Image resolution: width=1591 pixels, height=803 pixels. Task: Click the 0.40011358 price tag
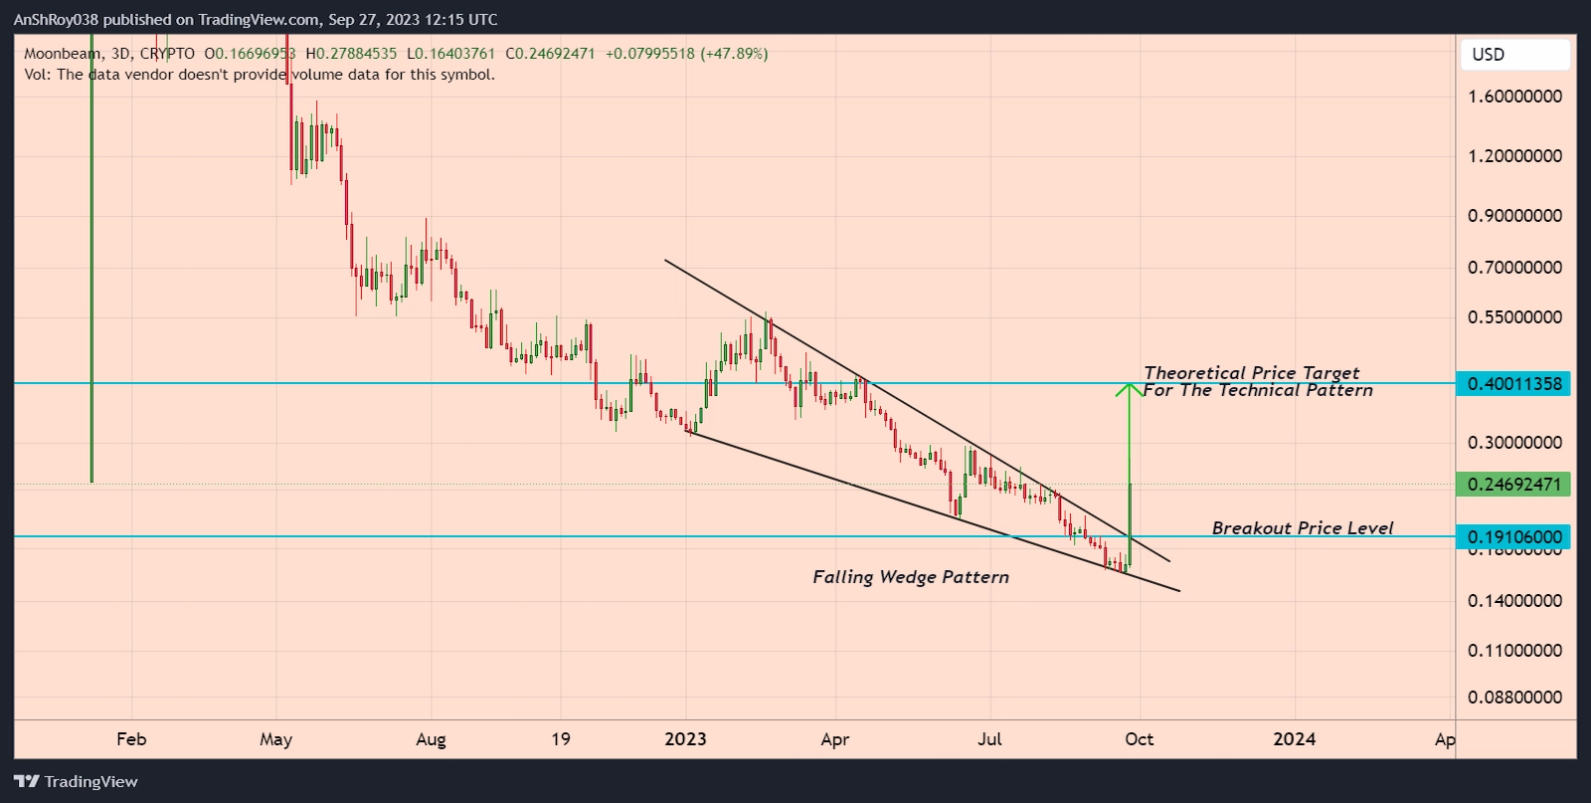pyautogui.click(x=1513, y=384)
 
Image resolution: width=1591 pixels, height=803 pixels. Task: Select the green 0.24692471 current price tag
pyautogui.click(x=1513, y=485)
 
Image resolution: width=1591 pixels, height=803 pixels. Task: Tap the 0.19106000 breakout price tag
pyautogui.click(x=1513, y=537)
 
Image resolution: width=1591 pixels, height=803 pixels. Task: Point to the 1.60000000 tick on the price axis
pyautogui.click(x=1514, y=97)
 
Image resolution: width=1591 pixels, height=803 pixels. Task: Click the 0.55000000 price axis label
pyautogui.click(x=1514, y=317)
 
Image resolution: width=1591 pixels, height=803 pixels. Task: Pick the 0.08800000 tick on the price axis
pyautogui.click(x=1514, y=698)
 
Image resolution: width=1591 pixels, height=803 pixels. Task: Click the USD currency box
pyautogui.click(x=1514, y=55)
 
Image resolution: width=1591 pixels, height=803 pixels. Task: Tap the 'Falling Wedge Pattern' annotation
pyautogui.click(x=911, y=577)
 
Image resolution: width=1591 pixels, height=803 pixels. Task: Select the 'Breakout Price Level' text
pyautogui.click(x=1303, y=528)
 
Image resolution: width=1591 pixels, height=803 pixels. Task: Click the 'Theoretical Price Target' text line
pyautogui.click(x=1251, y=372)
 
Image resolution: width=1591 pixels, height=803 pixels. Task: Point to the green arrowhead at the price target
pyautogui.click(x=1129, y=389)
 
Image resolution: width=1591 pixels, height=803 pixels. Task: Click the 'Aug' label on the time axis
pyautogui.click(x=431, y=739)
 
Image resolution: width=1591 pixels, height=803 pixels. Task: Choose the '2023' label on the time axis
pyautogui.click(x=685, y=739)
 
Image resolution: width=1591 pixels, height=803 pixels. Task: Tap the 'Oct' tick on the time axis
pyautogui.click(x=1140, y=739)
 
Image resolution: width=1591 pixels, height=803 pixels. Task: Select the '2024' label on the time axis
pyautogui.click(x=1295, y=739)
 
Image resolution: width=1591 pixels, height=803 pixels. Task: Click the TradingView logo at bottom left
pyautogui.click(x=76, y=782)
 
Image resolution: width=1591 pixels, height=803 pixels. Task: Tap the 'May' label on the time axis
pyautogui.click(x=275, y=739)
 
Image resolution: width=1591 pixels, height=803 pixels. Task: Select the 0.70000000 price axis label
pyautogui.click(x=1514, y=268)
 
